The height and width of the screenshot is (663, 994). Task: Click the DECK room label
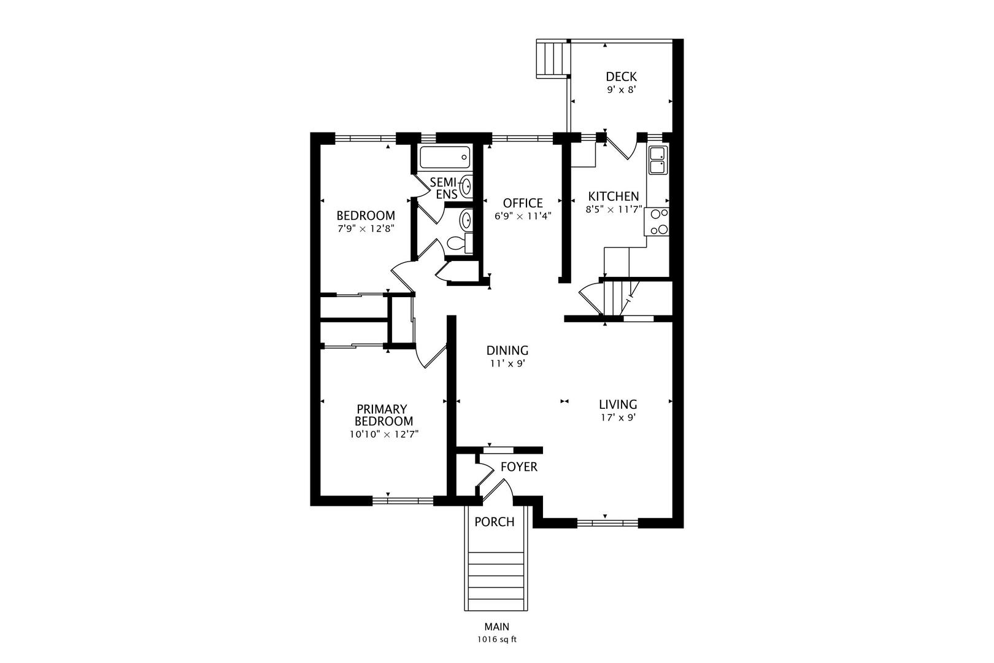click(621, 76)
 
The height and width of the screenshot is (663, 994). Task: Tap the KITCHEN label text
click(613, 196)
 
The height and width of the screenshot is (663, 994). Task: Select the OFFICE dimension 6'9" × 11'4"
click(523, 216)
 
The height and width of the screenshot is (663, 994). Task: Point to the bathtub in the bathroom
click(445, 157)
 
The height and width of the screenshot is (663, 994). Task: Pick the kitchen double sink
click(658, 160)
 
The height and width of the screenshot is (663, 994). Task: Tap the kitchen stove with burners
click(657, 222)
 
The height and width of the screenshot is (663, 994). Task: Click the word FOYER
click(518, 467)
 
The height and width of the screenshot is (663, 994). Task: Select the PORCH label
click(495, 522)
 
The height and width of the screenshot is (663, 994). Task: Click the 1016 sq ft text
click(497, 640)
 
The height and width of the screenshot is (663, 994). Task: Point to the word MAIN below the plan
click(496, 627)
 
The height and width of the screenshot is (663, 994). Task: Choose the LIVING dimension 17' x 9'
click(618, 418)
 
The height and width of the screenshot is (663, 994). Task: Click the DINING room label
click(507, 351)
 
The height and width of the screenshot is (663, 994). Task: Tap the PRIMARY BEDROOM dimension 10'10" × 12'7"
click(384, 434)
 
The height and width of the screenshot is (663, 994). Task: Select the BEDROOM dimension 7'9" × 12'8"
click(366, 229)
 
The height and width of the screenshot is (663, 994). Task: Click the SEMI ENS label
click(444, 188)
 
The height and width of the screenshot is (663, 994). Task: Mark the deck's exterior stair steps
click(552, 59)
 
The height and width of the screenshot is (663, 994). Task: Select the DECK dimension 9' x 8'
click(622, 90)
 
